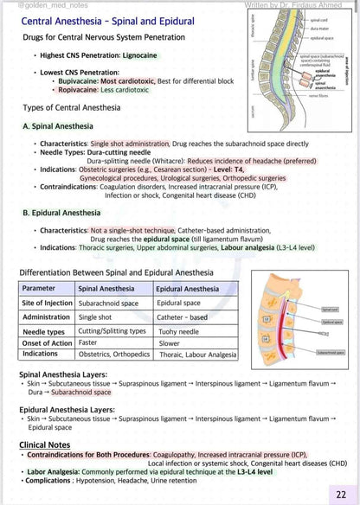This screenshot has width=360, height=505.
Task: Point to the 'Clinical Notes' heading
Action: (46, 444)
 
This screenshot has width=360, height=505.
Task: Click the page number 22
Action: (343, 492)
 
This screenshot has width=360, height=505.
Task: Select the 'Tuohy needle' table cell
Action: (178, 331)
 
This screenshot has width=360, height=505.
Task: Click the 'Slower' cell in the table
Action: (170, 342)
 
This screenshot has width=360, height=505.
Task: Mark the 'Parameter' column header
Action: (39, 288)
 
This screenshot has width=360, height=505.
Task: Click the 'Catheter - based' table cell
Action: (183, 317)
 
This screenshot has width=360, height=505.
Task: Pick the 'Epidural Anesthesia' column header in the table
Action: (188, 288)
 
